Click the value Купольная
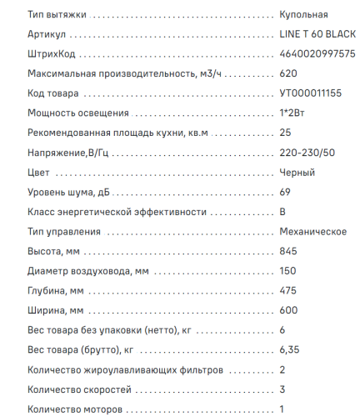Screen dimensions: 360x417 coord(304,15)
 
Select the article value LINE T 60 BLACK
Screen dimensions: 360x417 coord(317,35)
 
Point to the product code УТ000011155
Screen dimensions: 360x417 coord(311,94)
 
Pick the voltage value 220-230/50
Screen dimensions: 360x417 coord(307,153)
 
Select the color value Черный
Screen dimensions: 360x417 coord(297,173)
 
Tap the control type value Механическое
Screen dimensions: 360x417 coord(312,232)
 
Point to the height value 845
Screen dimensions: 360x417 coord(288,252)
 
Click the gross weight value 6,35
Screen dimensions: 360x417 coord(289,350)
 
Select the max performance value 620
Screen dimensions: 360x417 coord(288,74)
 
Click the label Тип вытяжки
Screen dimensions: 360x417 coord(56,15)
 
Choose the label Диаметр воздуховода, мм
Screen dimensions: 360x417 coord(88,271)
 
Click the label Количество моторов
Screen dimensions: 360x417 coord(75,409)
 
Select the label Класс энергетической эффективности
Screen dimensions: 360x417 coord(110,213)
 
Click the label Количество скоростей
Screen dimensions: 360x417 coord(79,389)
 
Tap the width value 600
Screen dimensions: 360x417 coord(288,311)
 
